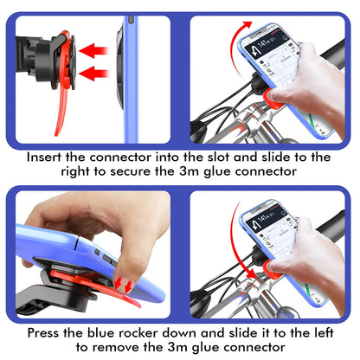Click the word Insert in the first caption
click(48, 157)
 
